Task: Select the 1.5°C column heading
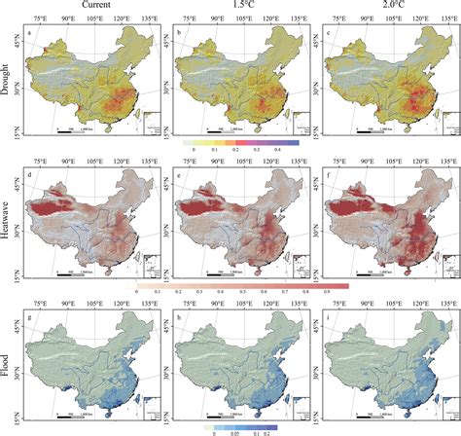[242, 7]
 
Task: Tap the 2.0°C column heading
[383, 7]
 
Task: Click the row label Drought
[8, 80]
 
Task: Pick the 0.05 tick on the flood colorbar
[236, 430]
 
